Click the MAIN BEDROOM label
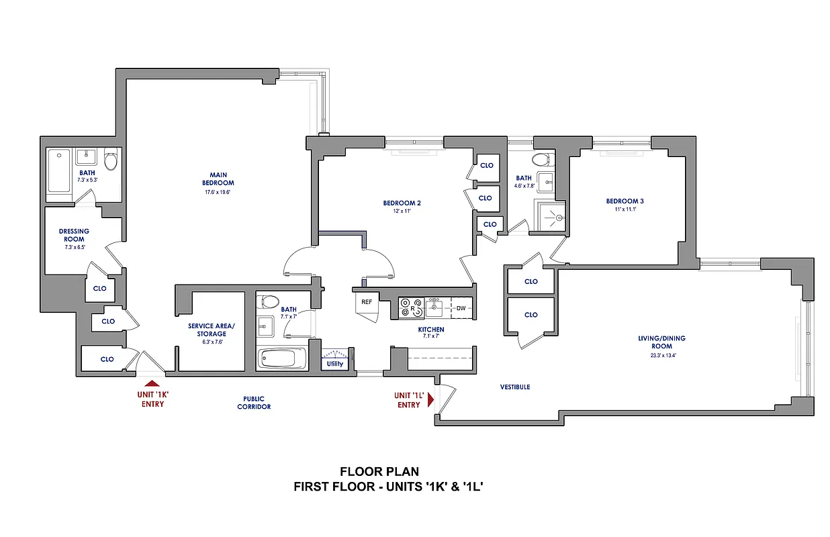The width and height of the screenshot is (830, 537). pos(218,179)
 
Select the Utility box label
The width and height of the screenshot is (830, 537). pos(334,364)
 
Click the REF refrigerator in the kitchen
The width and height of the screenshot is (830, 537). pos(367,303)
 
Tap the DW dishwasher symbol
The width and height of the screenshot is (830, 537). pos(461,308)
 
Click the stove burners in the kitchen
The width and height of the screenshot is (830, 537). pos(411,307)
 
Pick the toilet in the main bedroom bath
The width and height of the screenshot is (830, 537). pos(111,160)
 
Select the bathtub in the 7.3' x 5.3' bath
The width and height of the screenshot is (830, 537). pos(59,171)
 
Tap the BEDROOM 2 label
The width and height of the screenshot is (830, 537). pos(402,203)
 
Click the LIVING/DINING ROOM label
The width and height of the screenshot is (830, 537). pos(661,342)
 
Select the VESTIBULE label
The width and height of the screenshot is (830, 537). pos(515,387)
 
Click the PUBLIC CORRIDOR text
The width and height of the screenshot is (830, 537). pos(254,403)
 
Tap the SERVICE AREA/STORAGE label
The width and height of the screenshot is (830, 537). pos(207,330)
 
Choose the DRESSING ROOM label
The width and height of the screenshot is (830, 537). pos(74,235)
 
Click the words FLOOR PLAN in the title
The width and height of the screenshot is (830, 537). pos(379,473)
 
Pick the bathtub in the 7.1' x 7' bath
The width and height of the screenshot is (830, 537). pos(281,358)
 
